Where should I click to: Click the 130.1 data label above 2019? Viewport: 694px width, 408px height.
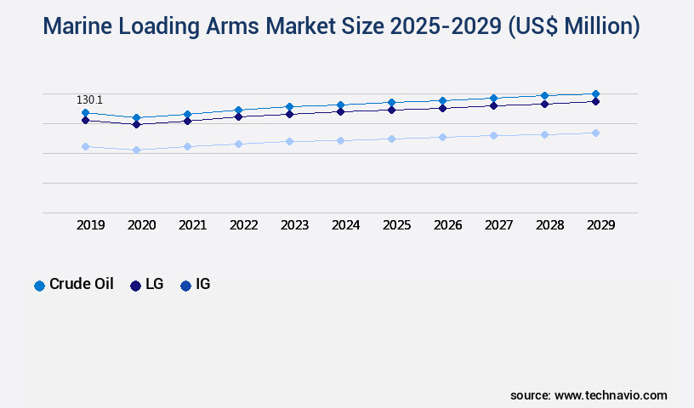[x=89, y=99]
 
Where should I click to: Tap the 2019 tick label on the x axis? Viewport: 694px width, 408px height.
[x=91, y=225]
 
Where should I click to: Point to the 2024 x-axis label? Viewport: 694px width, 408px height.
[x=346, y=225]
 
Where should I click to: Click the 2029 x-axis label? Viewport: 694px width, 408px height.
[x=601, y=225]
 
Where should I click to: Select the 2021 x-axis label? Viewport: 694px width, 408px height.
[x=193, y=225]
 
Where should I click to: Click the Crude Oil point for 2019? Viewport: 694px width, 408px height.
[x=85, y=112]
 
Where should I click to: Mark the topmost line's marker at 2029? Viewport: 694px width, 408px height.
[x=595, y=93]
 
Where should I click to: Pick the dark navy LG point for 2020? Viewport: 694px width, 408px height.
[x=136, y=124]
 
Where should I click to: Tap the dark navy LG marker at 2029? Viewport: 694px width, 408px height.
[x=595, y=101]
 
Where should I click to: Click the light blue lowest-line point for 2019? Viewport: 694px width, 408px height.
[x=85, y=146]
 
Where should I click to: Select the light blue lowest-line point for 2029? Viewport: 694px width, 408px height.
[x=595, y=133]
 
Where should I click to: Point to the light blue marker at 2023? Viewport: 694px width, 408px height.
[x=289, y=141]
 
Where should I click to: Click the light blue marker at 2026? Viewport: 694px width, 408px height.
[x=442, y=137]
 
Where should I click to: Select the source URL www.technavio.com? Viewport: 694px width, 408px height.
[x=611, y=395]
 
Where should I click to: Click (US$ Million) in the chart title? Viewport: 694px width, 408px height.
[x=575, y=27]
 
